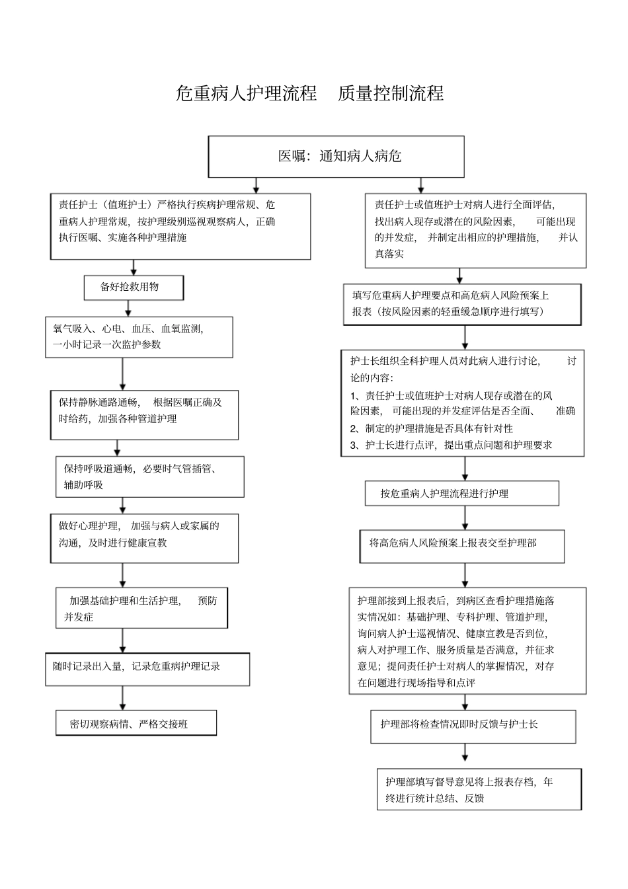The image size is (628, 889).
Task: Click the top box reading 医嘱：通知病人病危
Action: pos(336,157)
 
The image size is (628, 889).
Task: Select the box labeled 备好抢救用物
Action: pos(134,288)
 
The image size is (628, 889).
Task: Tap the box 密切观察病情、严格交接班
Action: pos(136,724)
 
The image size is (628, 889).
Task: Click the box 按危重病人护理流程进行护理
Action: pos(461,493)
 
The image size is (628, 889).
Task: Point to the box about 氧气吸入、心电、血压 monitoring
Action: pos(139,336)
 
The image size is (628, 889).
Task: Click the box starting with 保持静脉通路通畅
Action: pos(144,414)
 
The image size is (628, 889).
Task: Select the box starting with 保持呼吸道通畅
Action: pos(149,477)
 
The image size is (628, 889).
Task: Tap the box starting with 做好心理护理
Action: pos(144,538)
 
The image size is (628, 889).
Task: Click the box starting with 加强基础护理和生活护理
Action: pos(141,608)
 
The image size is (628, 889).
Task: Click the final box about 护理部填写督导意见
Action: pos(479,789)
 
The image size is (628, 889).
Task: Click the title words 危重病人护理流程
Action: pos(246,93)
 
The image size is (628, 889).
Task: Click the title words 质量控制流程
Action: pos(390,93)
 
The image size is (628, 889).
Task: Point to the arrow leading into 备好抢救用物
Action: pos(134,268)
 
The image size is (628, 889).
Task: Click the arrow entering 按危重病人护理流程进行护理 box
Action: pos(465,469)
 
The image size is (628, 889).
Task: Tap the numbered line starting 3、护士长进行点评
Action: pos(451,445)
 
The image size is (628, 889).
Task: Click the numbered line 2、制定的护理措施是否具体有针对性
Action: pos(431,428)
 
